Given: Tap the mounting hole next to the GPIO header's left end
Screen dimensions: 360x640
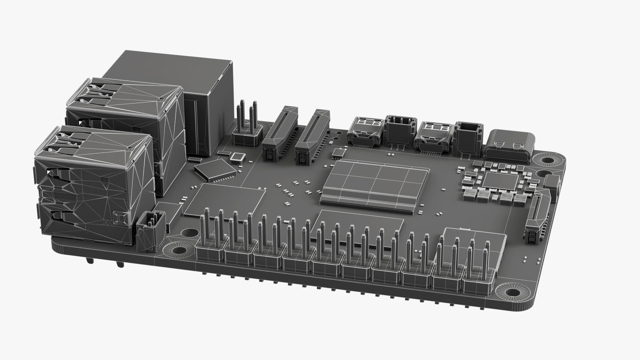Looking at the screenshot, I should pyautogui.click(x=179, y=251).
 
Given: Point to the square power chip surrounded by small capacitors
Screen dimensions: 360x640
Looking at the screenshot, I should pyautogui.click(x=500, y=182).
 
